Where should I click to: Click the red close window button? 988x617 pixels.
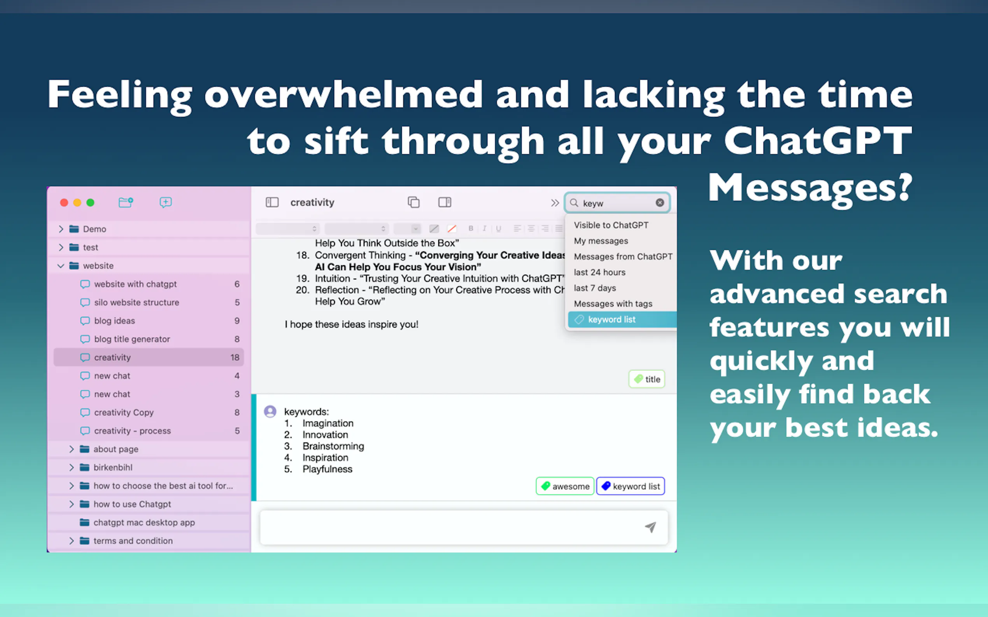64,203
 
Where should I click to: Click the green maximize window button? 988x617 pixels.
90,203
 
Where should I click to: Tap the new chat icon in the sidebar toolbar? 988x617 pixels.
165,202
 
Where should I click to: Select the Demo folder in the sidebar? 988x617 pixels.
95,229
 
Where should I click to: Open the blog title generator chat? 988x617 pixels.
132,339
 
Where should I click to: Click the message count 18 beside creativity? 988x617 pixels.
235,357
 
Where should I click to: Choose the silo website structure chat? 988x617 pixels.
137,302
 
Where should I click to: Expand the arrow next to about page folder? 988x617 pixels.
72,449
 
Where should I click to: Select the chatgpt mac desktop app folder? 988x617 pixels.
144,522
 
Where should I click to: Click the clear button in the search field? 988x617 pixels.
660,203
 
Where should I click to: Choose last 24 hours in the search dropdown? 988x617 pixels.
599,272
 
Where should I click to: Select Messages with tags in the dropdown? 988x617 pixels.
613,303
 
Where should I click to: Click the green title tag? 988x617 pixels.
646,379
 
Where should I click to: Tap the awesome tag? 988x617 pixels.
565,486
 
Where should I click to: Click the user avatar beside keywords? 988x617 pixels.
270,411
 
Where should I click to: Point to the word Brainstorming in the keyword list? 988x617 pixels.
333,446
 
